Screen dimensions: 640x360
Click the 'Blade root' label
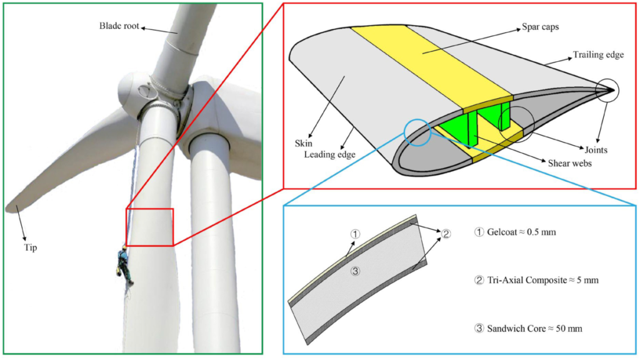click(119, 26)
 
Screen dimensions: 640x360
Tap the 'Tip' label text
click(30, 247)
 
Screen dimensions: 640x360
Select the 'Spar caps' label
click(540, 27)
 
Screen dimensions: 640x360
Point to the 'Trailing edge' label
click(598, 55)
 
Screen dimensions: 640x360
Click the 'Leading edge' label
click(329, 155)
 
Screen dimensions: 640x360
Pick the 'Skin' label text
click(303, 143)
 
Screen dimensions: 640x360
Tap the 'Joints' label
click(596, 150)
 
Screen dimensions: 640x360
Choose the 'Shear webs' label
click(569, 163)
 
